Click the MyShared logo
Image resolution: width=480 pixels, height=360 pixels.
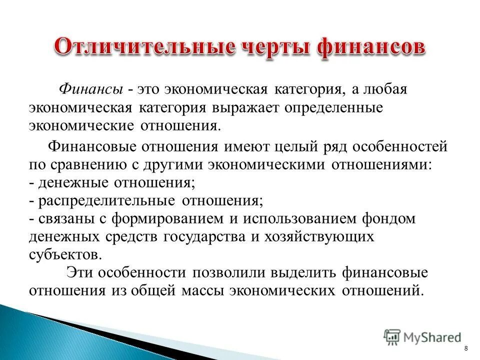422,336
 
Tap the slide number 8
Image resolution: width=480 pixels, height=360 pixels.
466,348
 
